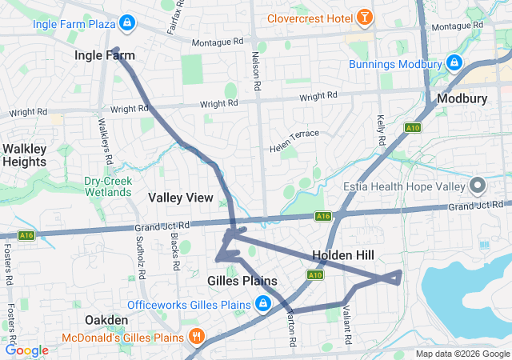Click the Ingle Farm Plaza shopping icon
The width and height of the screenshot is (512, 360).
[x=126, y=22]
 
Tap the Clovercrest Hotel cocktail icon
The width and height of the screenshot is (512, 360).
[x=364, y=16]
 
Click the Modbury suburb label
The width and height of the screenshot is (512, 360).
[x=457, y=98]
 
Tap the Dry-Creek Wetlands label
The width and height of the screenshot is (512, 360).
[x=108, y=186]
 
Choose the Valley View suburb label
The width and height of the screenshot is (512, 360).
[x=181, y=197]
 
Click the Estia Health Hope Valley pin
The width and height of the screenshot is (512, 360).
[x=478, y=186]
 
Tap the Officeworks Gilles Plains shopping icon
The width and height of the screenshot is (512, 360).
[x=262, y=304]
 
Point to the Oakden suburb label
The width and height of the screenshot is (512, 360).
[x=106, y=320]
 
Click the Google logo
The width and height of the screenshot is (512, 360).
[x=27, y=350]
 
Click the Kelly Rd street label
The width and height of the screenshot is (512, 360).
[x=381, y=129]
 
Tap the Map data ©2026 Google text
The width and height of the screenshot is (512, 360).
[x=462, y=354]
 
